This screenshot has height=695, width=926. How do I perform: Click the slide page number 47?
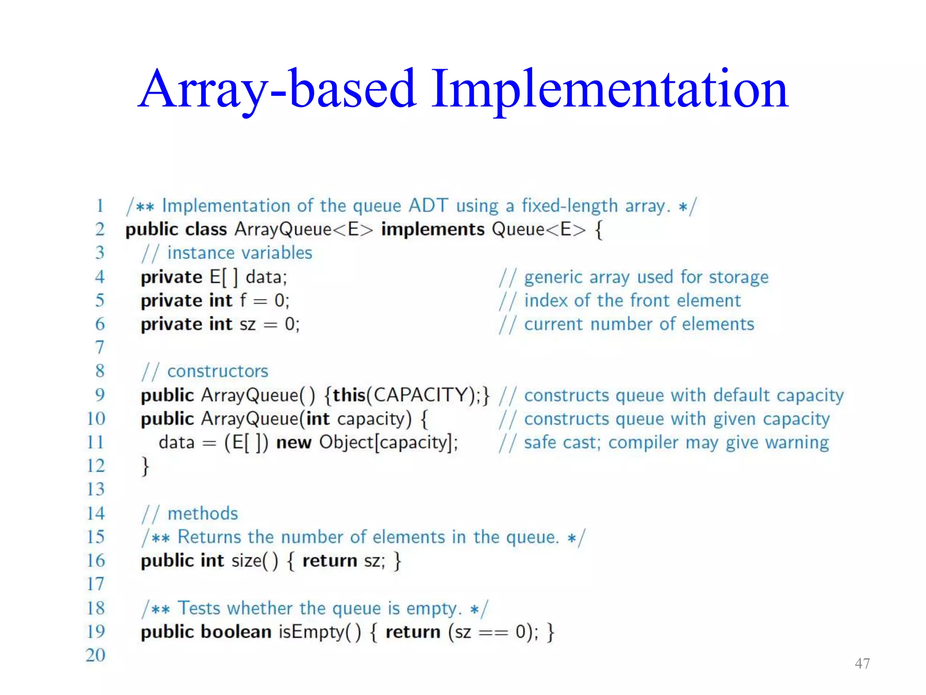(x=862, y=663)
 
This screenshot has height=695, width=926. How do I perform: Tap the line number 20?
(x=95, y=655)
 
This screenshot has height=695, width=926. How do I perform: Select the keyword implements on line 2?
(x=433, y=229)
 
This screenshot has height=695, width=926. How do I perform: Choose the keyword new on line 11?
(x=293, y=443)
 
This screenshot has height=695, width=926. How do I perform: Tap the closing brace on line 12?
(x=145, y=466)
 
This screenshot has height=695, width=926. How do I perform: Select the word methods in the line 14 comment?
(x=203, y=514)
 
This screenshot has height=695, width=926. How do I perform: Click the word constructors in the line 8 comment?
(x=217, y=371)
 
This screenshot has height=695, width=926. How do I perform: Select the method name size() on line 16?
(x=255, y=561)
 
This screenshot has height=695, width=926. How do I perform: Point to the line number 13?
(x=95, y=489)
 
